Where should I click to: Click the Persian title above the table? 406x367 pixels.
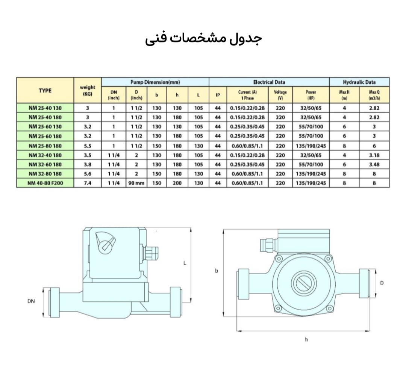tap(203, 39)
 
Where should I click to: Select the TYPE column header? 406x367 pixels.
tap(45, 90)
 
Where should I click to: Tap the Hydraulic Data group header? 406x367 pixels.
tap(359, 82)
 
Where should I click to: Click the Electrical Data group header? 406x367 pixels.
tap(269, 82)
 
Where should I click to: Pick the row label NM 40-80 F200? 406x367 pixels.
tap(45, 183)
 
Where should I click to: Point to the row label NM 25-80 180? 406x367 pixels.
tap(45, 146)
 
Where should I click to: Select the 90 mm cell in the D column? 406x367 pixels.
tap(136, 183)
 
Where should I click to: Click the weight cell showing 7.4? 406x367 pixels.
tap(88, 183)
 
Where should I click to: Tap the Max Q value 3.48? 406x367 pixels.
tap(374, 164)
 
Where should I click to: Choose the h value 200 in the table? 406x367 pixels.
tap(177, 183)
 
